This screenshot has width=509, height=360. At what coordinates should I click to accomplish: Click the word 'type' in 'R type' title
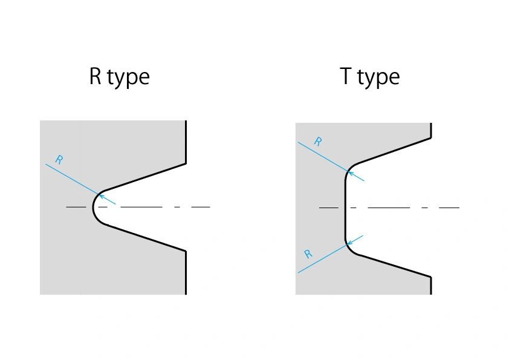coord(128,78)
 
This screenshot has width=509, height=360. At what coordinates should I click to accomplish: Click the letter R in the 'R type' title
coord(96,77)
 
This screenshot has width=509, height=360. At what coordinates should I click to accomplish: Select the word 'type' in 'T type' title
coord(378,78)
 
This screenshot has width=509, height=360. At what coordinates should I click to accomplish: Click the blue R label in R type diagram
coord(59,160)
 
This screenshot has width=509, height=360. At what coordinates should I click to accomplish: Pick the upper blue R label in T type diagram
coord(318,142)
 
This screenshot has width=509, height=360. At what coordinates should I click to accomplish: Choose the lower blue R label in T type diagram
coord(308,254)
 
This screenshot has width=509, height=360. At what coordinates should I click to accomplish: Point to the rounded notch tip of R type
coord(93,208)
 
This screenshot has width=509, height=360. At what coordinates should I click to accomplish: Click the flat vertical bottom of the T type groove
coord(345,208)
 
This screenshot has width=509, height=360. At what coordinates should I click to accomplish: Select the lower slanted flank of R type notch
coord(145,237)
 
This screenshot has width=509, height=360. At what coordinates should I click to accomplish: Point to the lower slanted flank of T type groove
coord(393,265)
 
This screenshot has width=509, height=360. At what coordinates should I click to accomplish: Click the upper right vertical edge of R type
coord(186,142)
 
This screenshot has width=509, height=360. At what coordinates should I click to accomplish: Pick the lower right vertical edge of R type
coord(186,272)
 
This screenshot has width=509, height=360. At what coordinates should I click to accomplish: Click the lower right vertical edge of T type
coord(431,286)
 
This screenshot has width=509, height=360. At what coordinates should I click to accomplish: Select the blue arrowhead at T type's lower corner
coord(351,241)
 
